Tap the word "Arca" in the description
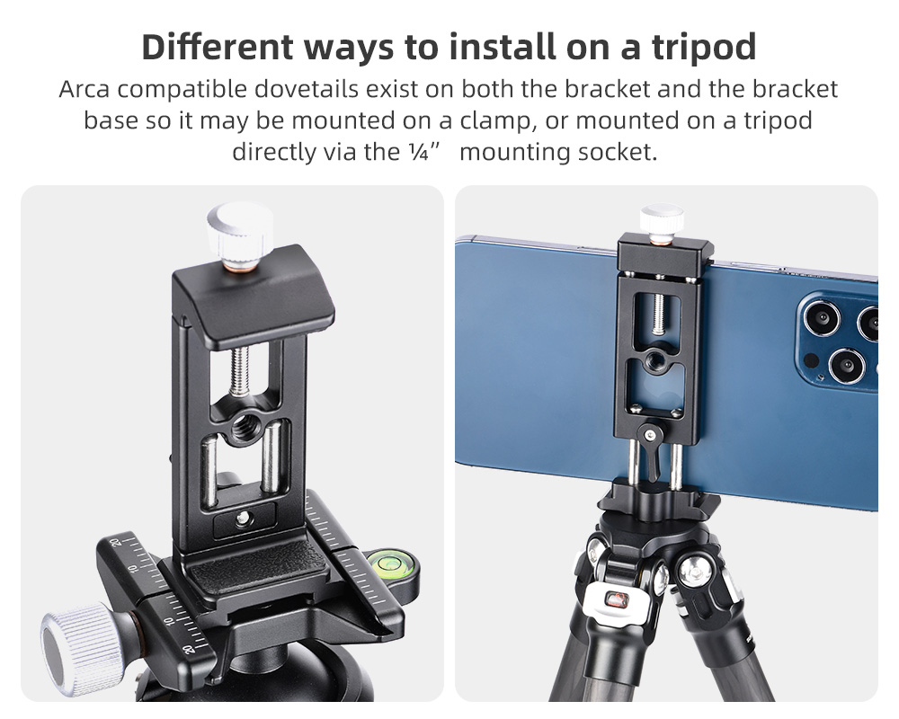point(84,90)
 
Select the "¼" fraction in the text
point(419,152)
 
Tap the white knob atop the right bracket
point(662,220)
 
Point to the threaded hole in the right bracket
point(653,360)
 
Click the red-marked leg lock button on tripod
point(617,599)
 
